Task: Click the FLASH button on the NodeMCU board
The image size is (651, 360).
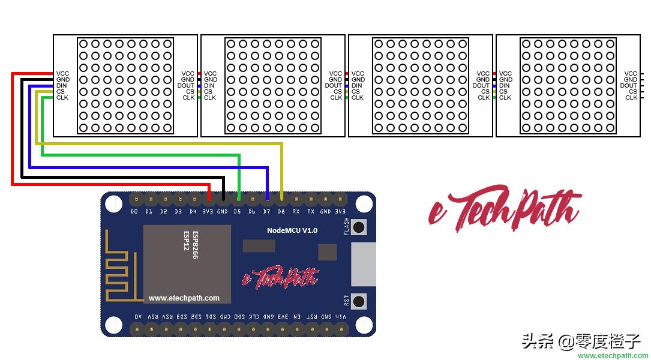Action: pyautogui.click(x=359, y=227)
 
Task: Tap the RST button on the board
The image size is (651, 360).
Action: pyautogui.click(x=359, y=301)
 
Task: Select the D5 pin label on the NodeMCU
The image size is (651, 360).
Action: pyautogui.click(x=237, y=212)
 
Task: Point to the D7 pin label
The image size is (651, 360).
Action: pyautogui.click(x=266, y=212)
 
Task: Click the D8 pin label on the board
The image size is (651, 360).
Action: pyautogui.click(x=281, y=212)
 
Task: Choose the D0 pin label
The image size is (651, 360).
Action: pyautogui.click(x=134, y=212)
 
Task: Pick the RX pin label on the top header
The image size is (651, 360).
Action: pyautogui.click(x=296, y=212)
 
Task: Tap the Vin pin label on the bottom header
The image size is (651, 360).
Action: pyautogui.click(x=340, y=317)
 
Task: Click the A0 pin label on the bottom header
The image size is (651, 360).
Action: pyautogui.click(x=138, y=317)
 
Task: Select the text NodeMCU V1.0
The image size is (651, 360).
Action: pyautogui.click(x=292, y=230)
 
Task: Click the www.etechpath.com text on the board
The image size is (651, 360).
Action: pyautogui.click(x=184, y=298)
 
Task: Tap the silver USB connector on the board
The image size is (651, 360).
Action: pyautogui.click(x=362, y=265)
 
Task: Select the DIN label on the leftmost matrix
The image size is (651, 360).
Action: pyautogui.click(x=62, y=85)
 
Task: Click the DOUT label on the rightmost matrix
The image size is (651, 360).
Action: pyautogui.click(x=628, y=85)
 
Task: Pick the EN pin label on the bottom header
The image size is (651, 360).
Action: pyautogui.click(x=296, y=317)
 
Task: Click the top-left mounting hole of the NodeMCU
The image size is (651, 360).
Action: pyautogui.click(x=113, y=204)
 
